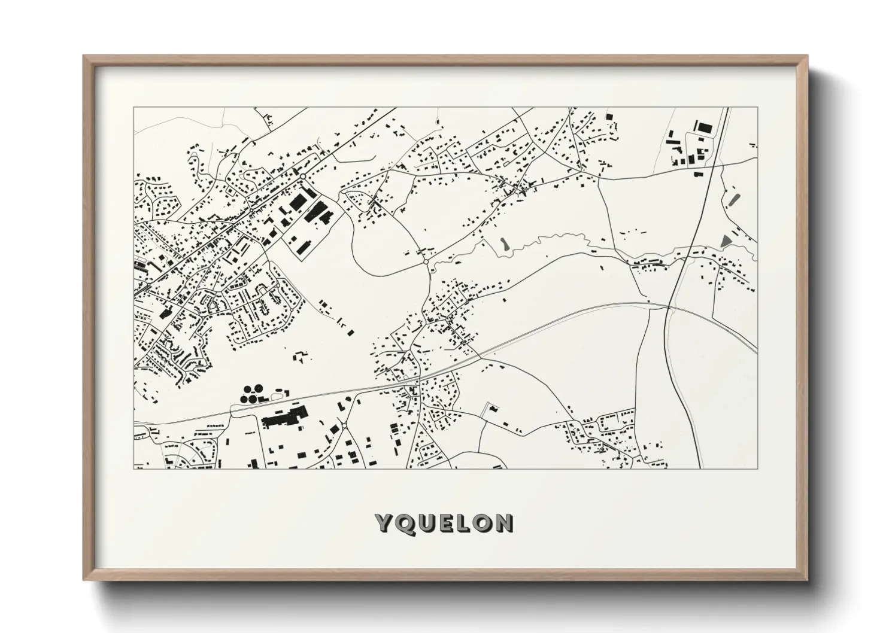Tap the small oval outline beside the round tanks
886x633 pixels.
point(277,395)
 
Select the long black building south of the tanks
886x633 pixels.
point(284,416)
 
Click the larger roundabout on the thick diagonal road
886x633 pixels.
point(303,176)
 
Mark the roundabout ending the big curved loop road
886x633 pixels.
point(425,261)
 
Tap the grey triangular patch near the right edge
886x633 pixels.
point(726,241)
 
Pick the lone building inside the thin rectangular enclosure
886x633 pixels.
point(493,409)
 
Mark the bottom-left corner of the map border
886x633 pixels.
point(135,468)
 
